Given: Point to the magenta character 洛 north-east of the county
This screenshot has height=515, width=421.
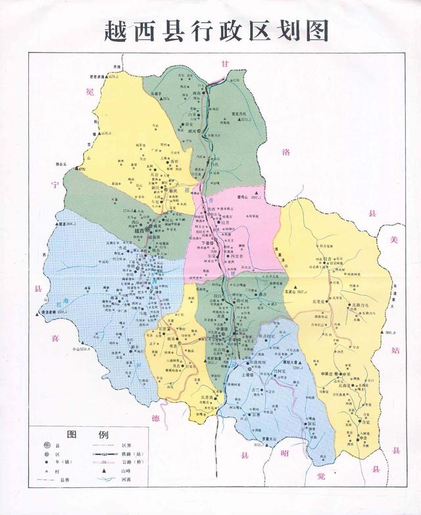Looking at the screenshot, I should [286, 153].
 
